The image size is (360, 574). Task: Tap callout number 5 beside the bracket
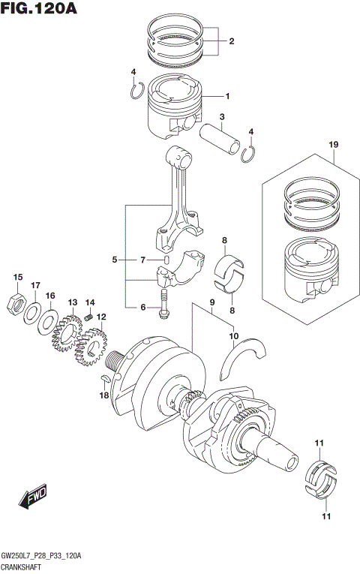pos(114,260)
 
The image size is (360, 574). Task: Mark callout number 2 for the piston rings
pos(231,41)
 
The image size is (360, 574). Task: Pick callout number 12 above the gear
pos(100,317)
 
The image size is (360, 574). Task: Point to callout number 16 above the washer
pos(50,296)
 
